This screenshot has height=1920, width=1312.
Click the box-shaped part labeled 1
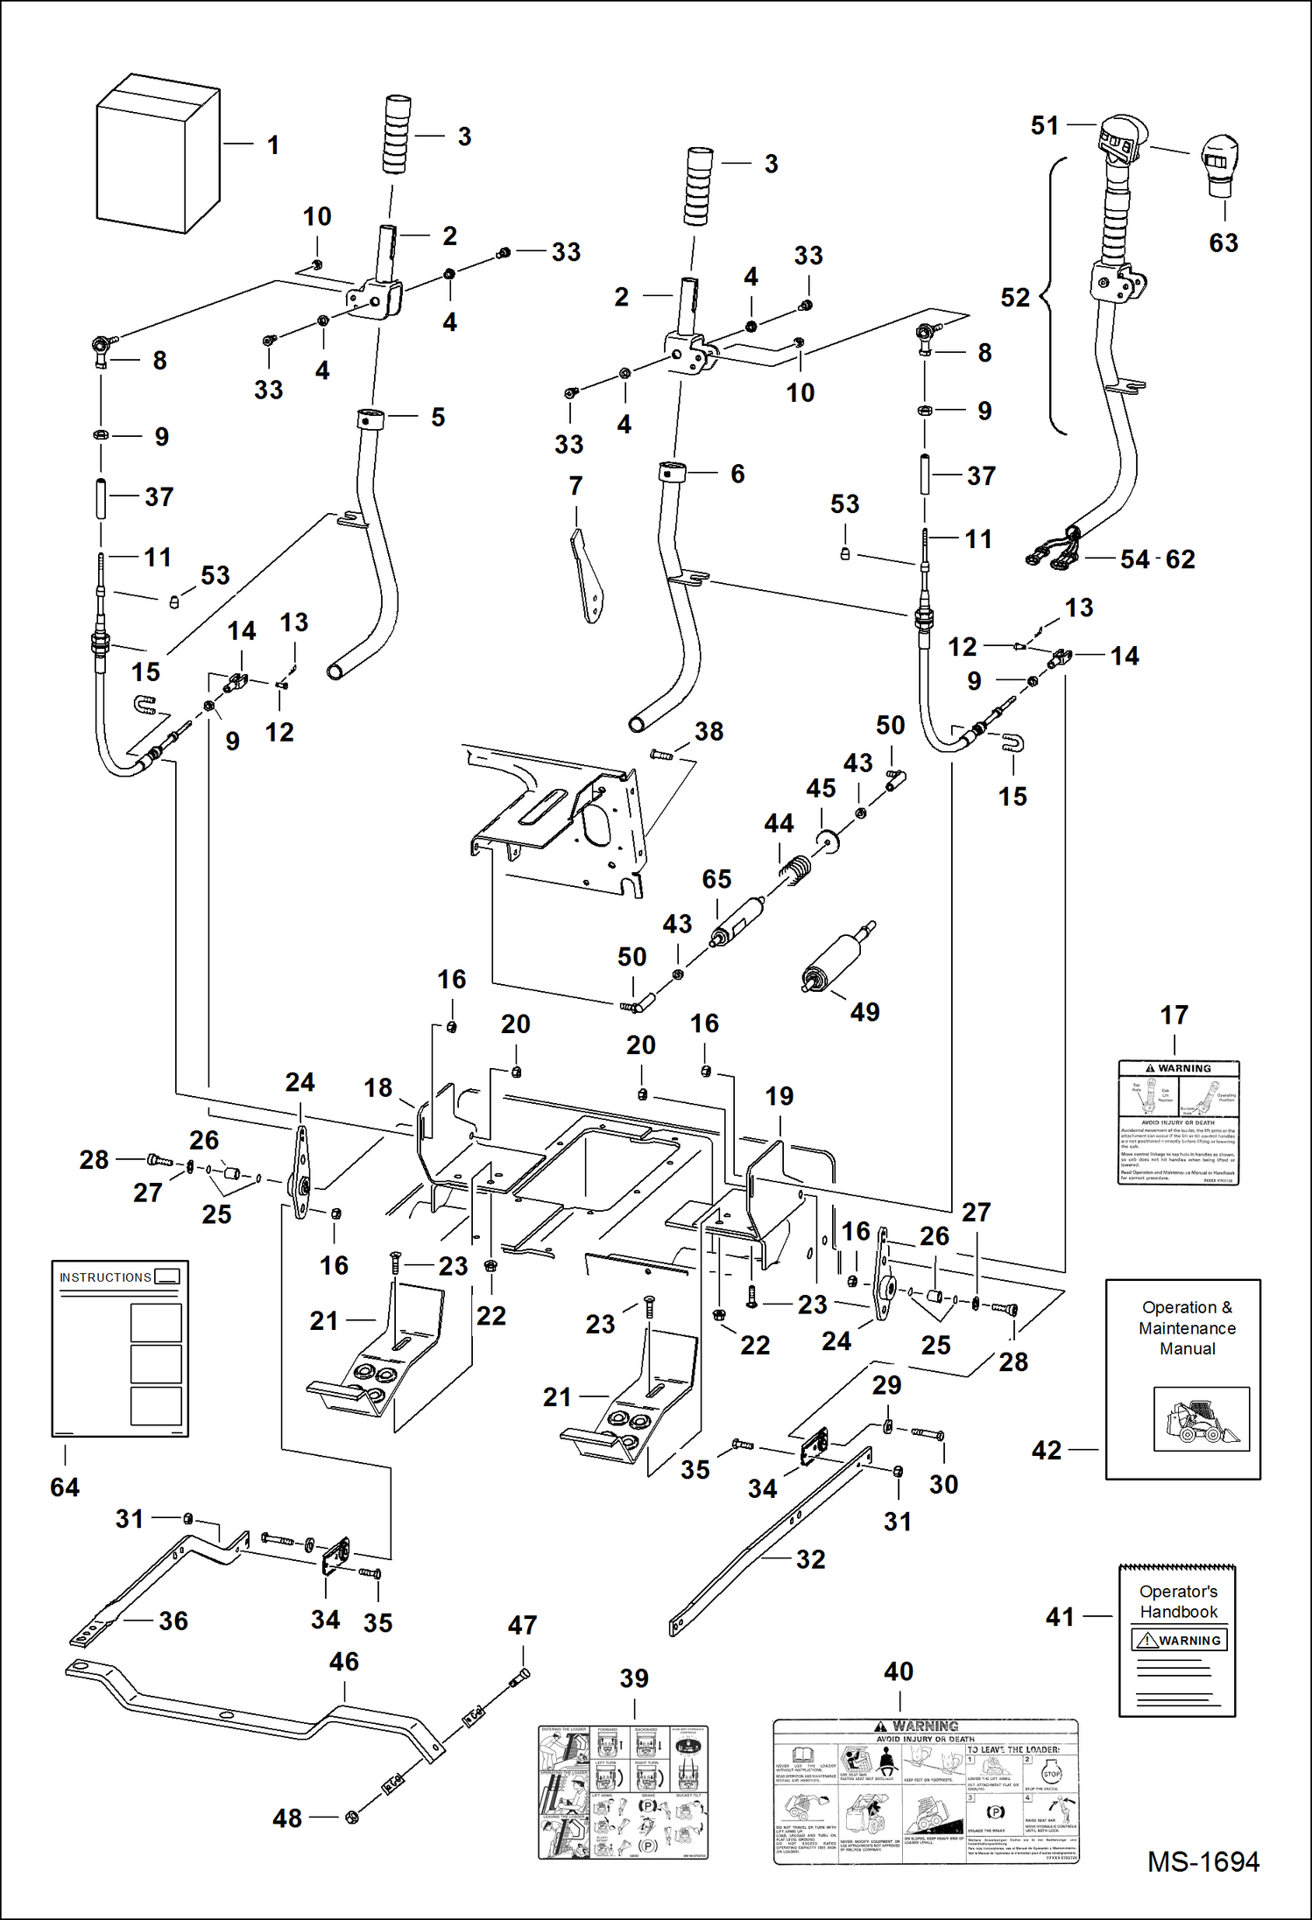pyautogui.click(x=156, y=156)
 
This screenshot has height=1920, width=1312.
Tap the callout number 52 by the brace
pyautogui.click(x=1015, y=298)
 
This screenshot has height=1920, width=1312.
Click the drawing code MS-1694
pyautogui.click(x=1203, y=1861)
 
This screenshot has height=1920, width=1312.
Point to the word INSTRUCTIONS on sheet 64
pyautogui.click(x=105, y=1277)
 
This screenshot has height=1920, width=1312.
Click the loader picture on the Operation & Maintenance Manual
pyautogui.click(x=1201, y=1419)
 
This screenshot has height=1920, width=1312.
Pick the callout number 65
pyautogui.click(x=716, y=879)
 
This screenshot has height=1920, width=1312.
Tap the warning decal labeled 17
pyautogui.click(x=1178, y=1122)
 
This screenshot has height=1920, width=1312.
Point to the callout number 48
pyautogui.click(x=287, y=1818)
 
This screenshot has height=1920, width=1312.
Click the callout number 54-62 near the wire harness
pyautogui.click(x=1157, y=559)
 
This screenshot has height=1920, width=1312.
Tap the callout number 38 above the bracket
pyautogui.click(x=709, y=732)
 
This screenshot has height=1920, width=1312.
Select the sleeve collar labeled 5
pyautogui.click(x=370, y=418)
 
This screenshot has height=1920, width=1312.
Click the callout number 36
pyautogui.click(x=173, y=1621)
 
